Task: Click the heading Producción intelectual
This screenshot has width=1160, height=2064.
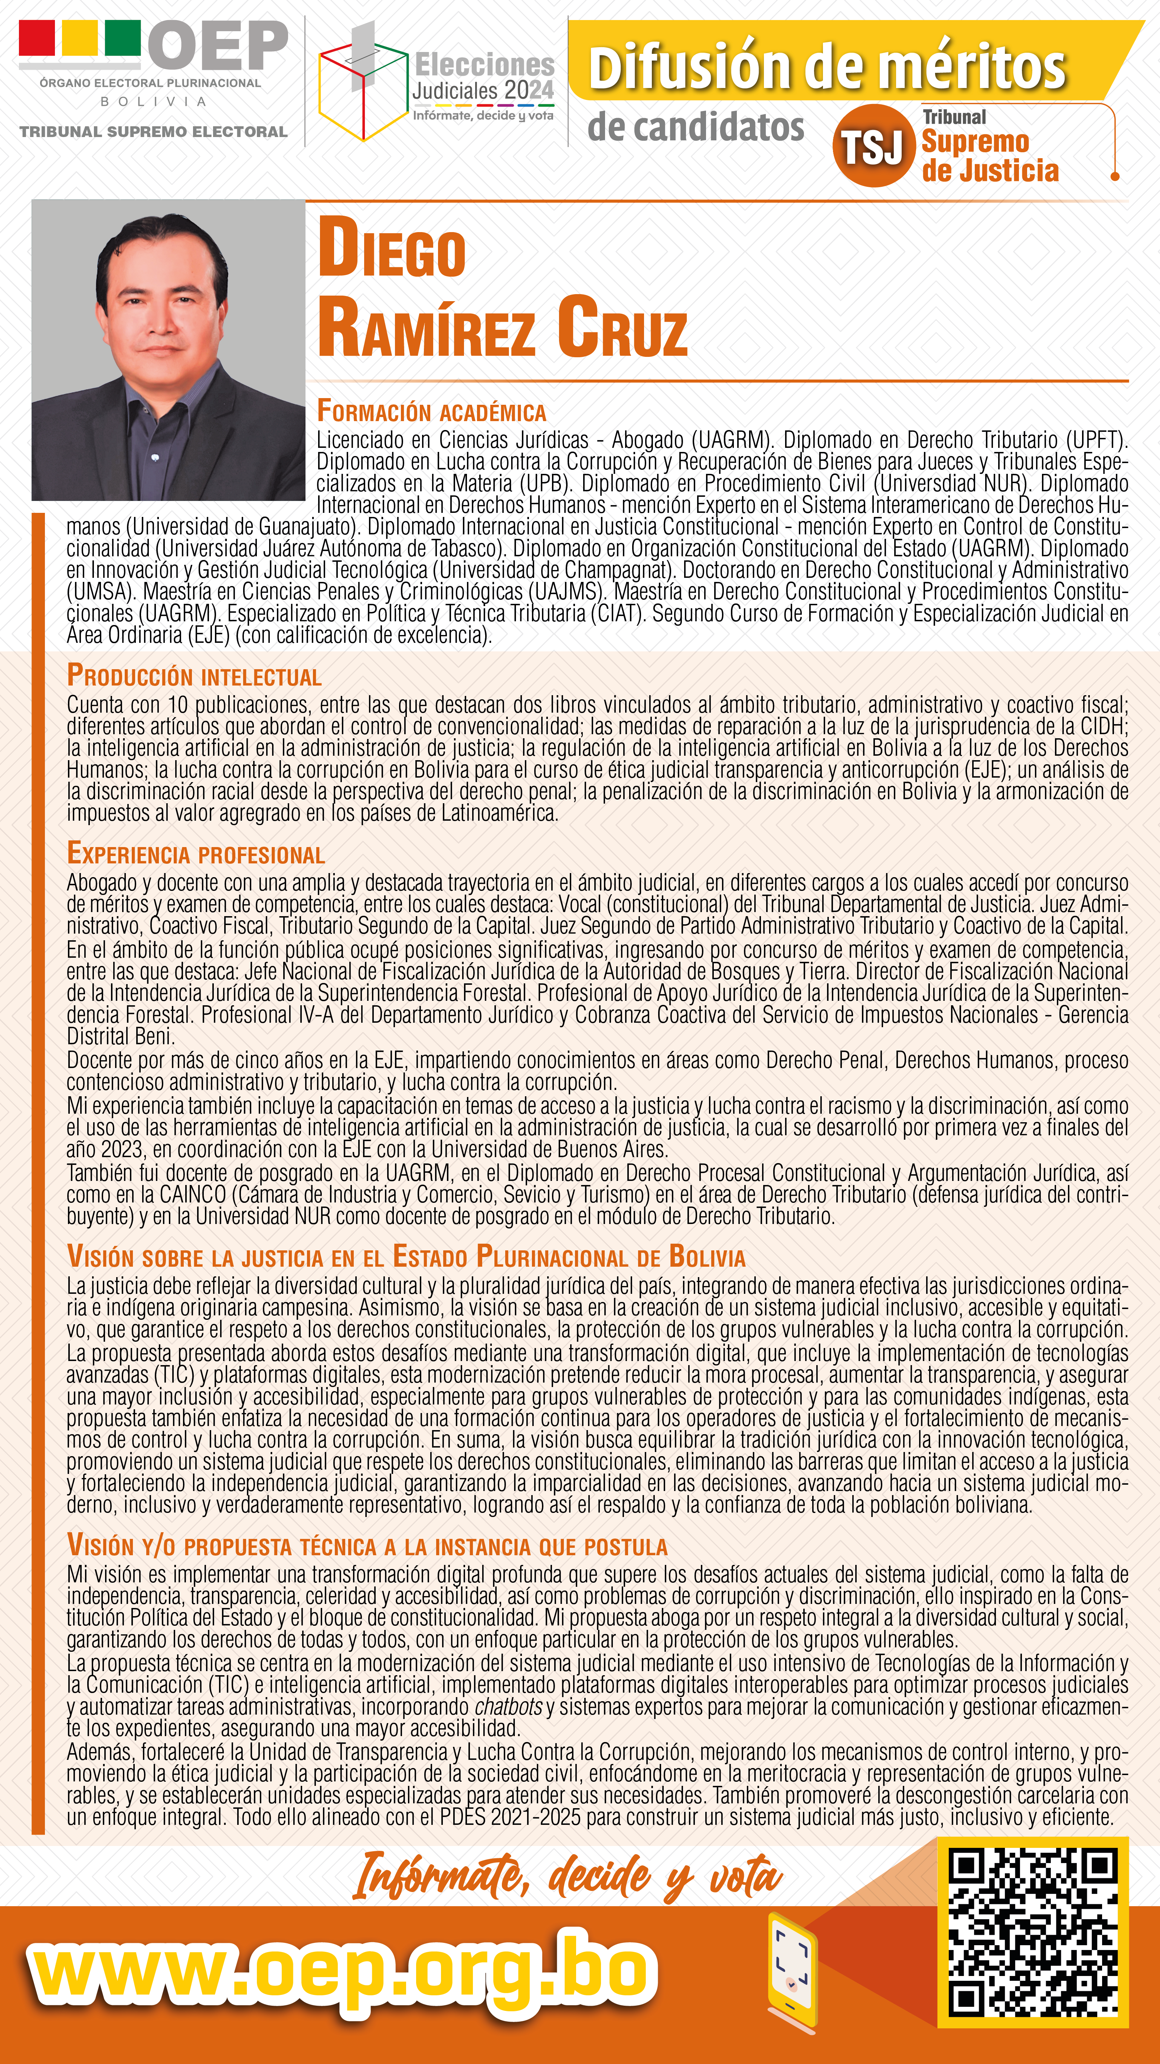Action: (x=194, y=675)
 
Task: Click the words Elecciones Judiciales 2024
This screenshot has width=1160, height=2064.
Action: (x=483, y=78)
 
